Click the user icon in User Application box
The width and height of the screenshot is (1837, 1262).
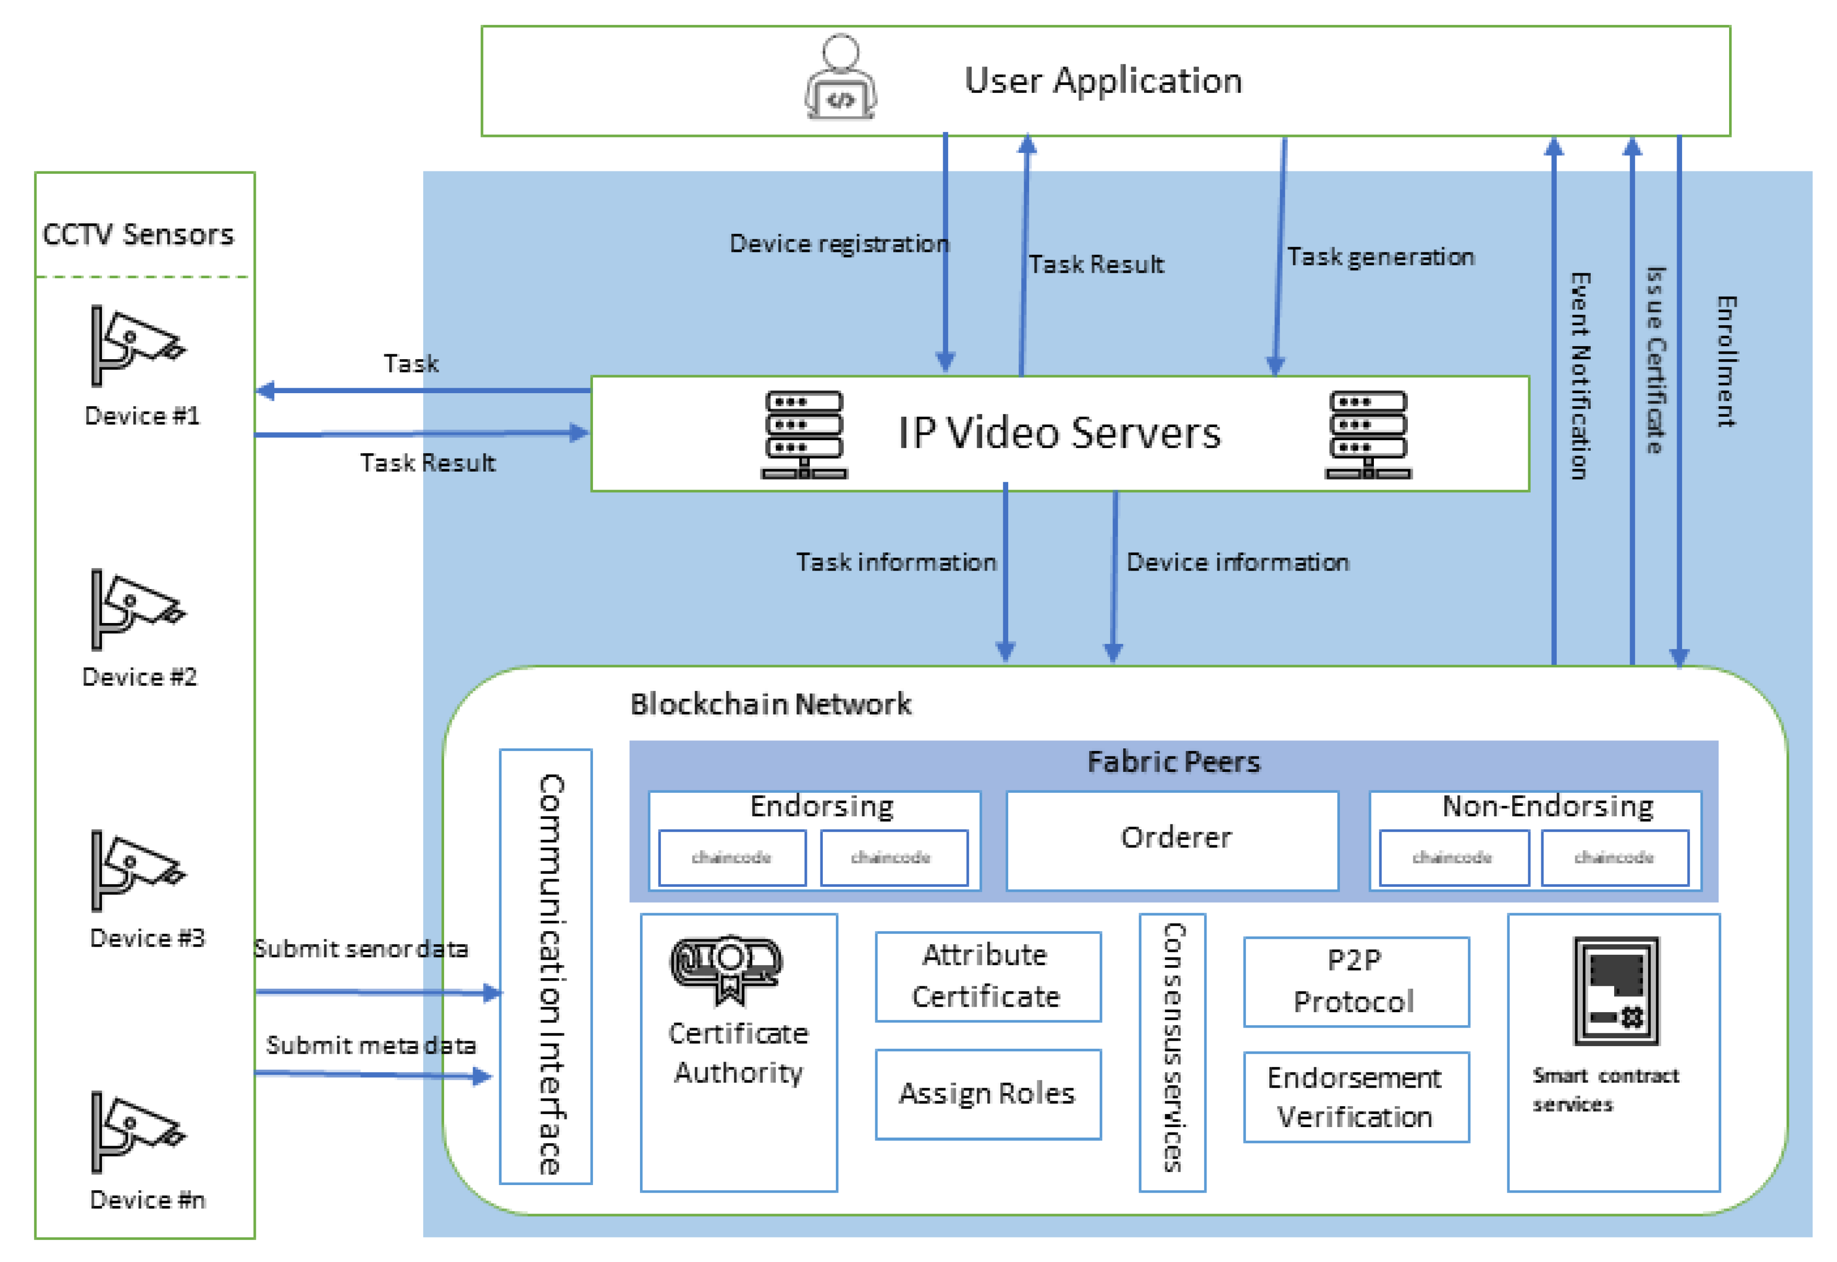tap(840, 77)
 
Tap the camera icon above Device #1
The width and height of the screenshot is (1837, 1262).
tap(136, 346)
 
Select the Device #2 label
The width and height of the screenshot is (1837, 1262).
tap(140, 677)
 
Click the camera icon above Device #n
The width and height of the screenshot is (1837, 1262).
tap(136, 1132)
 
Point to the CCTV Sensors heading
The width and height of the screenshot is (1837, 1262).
tap(138, 235)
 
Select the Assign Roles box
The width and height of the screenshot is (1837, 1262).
tap(988, 1094)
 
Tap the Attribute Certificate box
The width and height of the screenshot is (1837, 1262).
tap(988, 977)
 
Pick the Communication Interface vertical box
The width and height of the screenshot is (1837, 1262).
tap(546, 966)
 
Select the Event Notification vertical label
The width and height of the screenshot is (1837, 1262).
tap(1579, 376)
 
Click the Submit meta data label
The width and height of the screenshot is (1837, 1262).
tap(371, 1046)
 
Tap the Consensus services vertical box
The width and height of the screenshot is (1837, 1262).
tap(1172, 1052)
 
